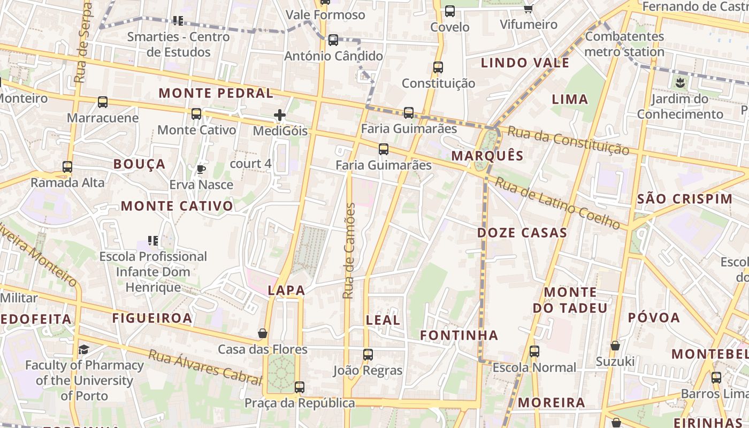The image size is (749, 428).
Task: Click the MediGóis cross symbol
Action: point(279,115)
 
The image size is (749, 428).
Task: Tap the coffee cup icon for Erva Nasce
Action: point(201,170)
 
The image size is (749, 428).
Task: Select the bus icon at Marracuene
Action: point(103,102)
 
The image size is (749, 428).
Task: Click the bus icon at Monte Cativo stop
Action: point(196,114)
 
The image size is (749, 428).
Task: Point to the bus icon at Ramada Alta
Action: point(67,167)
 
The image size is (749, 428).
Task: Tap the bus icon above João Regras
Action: point(368,355)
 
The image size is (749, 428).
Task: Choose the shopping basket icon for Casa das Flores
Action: point(263,334)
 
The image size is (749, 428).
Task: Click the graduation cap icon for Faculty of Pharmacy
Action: point(84,350)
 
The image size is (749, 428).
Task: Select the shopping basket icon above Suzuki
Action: point(615,346)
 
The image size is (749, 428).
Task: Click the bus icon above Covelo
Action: point(450,11)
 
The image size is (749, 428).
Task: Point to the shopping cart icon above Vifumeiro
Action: point(529,9)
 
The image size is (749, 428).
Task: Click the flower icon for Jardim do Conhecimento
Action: point(680,83)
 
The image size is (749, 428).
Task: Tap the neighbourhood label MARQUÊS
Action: point(487,156)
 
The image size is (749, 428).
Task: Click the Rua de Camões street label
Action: point(349,250)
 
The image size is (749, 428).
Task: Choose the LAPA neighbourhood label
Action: point(286,291)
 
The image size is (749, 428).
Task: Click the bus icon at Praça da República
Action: point(300,387)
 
